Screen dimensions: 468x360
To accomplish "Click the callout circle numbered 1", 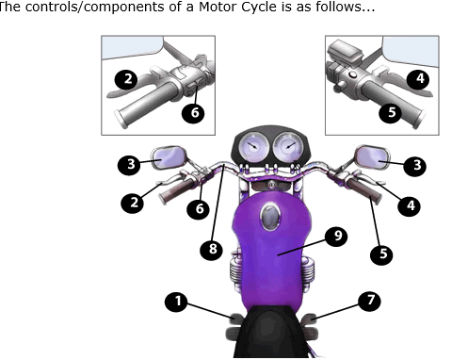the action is [176, 302].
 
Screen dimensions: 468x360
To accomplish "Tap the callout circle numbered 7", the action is [370, 301].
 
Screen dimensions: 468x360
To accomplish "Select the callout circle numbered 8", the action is [212, 250].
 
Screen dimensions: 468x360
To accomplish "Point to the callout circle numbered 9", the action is [336, 236].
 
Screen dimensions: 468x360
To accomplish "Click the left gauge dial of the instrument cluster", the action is [253, 147].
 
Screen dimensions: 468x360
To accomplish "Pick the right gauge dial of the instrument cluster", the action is [288, 147].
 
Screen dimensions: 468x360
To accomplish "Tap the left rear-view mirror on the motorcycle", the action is [169, 157].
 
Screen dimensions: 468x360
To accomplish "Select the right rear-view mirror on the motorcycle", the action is [372, 157].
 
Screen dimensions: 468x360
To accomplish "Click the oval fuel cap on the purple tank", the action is [270, 217].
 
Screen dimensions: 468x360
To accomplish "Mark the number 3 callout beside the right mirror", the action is [416, 166].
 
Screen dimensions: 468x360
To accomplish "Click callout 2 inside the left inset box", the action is [126, 79].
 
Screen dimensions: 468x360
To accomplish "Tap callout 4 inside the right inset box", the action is [419, 78].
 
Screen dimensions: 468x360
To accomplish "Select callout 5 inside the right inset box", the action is [391, 112].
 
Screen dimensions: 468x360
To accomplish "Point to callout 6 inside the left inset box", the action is [194, 113].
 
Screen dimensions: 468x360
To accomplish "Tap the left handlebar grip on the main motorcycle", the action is [177, 190].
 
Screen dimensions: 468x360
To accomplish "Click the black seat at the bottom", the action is [269, 333].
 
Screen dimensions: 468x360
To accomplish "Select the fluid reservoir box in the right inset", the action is [345, 51].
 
